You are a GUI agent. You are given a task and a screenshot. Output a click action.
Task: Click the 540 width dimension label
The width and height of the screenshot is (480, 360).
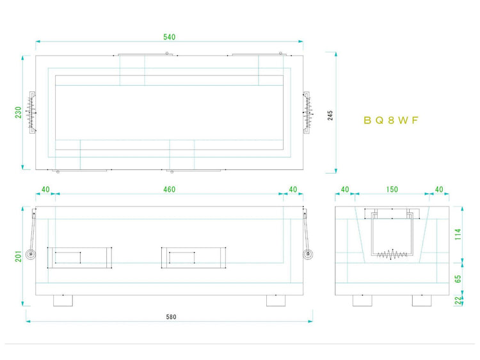[x=169, y=37]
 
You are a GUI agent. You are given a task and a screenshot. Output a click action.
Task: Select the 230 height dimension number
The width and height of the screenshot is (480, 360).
[x=19, y=112]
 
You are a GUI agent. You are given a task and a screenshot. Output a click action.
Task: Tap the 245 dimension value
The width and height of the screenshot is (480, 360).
[x=330, y=115]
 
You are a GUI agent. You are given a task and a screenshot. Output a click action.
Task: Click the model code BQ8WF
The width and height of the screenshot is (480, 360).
[x=390, y=120]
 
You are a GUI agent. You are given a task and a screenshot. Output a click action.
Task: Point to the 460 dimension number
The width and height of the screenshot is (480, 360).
[x=169, y=189]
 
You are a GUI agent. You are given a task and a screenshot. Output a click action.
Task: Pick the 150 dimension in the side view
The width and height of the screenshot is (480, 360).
[x=392, y=189]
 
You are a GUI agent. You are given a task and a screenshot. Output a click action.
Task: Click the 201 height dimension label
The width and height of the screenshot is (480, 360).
[x=19, y=256]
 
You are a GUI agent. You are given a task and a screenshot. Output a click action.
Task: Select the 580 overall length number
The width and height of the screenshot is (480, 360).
[x=170, y=317]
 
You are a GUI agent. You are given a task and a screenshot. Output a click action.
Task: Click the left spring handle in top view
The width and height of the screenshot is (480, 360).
[x=33, y=112]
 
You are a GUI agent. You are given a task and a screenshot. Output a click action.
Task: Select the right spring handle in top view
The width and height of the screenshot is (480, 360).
[x=307, y=112]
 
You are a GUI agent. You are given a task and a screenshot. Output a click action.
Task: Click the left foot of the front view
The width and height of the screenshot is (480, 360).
[x=63, y=301]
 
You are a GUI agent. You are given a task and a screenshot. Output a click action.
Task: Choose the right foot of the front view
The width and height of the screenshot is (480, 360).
[x=276, y=301]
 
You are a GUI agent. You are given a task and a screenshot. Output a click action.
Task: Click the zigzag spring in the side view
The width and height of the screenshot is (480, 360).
[x=392, y=254]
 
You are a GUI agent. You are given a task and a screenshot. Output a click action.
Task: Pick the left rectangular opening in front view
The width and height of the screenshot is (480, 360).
[x=80, y=257]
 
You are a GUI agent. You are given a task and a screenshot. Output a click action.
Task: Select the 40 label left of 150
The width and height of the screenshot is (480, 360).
[x=345, y=189]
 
